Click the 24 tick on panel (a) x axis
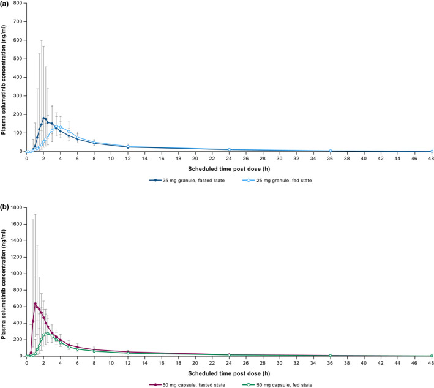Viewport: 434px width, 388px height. (x=229, y=157)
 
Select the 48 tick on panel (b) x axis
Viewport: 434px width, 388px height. (x=431, y=362)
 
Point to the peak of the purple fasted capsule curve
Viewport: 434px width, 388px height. (x=36, y=304)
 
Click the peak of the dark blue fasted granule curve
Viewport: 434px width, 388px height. (x=43, y=118)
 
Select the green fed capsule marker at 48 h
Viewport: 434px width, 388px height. (x=431, y=356)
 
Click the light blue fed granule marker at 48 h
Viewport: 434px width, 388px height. (x=431, y=151)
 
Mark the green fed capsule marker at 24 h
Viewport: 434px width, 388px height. (x=229, y=355)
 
